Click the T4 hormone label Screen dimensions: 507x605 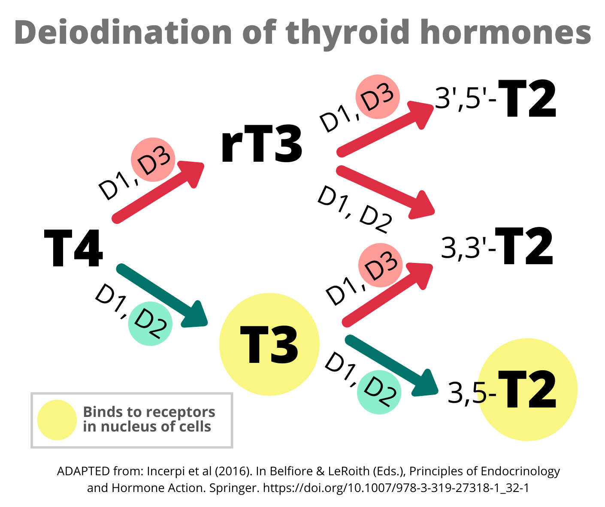(73, 248)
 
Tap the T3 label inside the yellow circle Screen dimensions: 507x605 (269, 345)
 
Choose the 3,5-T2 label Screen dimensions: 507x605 (502, 391)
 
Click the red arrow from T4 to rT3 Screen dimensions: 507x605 (157, 191)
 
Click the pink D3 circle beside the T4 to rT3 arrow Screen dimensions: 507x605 (153, 160)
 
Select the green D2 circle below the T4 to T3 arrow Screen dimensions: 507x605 (150, 323)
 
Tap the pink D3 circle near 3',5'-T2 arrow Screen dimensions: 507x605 (378, 97)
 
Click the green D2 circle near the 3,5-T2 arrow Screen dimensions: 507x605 (379, 392)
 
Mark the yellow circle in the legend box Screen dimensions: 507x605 (57, 420)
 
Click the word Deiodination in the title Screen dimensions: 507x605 (123, 33)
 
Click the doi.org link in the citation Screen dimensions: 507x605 (395, 488)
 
